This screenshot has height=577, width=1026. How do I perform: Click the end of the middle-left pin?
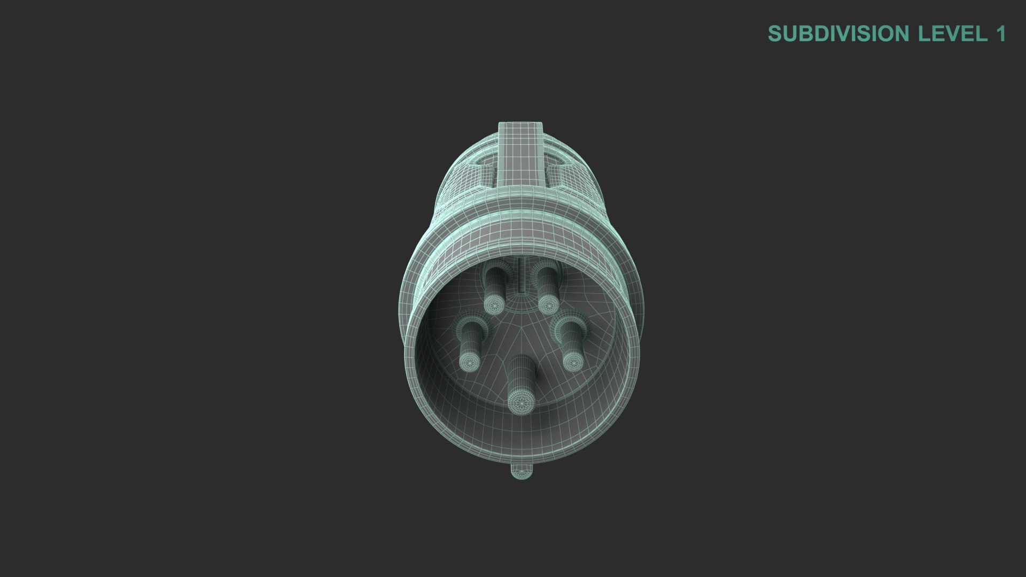(x=470, y=361)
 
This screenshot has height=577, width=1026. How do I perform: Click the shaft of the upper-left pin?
(x=492, y=283)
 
